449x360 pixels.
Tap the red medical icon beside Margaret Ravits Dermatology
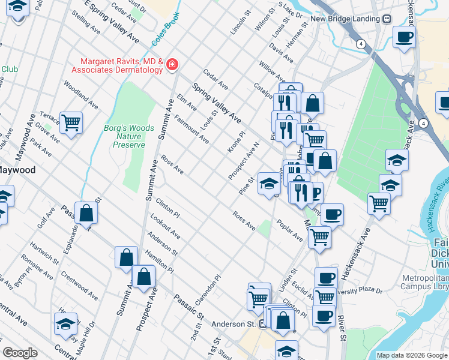pos(173,64)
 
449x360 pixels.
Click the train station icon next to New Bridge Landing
pos(388,19)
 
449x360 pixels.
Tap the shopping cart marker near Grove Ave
pos(71,122)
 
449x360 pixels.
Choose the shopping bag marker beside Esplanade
pos(86,212)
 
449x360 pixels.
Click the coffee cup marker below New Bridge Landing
pos(404,37)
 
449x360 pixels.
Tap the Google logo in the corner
pos(20,353)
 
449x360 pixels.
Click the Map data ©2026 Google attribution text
pos(412,355)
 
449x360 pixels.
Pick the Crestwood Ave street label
pos(79,286)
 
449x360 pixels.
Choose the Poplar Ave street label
pos(289,231)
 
